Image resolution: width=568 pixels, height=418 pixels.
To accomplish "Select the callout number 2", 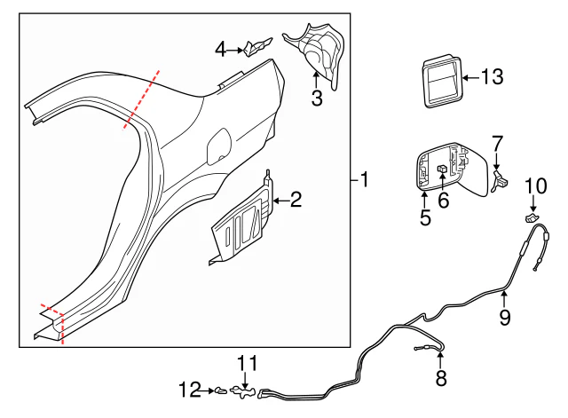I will [296, 201].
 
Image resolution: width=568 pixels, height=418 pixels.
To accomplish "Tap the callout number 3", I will [317, 98].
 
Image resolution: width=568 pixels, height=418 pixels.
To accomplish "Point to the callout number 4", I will [221, 51].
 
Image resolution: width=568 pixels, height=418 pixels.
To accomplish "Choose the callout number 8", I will [441, 380].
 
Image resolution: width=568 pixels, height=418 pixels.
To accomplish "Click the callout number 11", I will [246, 363].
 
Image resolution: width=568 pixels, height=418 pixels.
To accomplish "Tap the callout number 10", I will [536, 185].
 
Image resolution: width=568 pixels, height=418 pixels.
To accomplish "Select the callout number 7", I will [497, 142].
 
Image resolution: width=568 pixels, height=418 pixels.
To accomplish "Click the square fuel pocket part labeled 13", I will [441, 81].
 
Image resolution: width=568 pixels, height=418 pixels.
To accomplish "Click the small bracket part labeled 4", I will [257, 46].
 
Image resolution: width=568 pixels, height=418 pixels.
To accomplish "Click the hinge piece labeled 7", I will [500, 180].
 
